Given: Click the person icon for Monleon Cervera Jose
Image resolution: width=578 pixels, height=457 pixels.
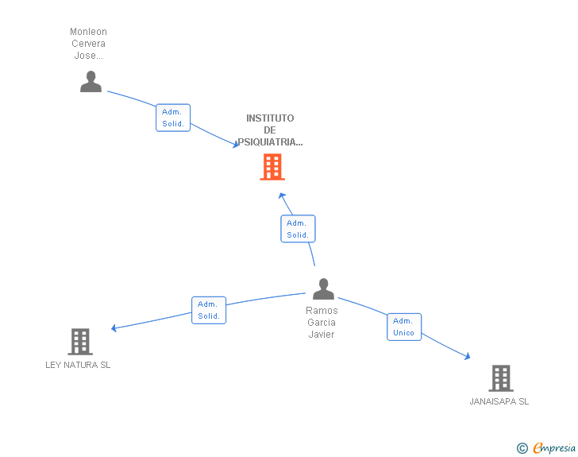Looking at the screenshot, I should point(91,82).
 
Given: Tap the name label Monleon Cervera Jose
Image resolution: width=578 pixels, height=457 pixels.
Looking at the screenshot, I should point(88,44).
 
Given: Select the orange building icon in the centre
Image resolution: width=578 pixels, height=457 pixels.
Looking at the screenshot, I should point(272,167).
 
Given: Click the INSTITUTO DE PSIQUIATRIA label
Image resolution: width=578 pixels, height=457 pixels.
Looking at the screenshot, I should point(270,130).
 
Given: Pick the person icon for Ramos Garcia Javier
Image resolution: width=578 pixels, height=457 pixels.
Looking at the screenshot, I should point(323,289).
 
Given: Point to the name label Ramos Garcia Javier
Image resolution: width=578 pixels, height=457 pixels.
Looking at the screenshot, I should point(322,322).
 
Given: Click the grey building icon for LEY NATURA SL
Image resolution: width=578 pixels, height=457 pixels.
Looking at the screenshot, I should point(80,342).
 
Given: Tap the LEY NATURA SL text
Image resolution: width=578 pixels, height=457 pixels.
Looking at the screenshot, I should point(78,365).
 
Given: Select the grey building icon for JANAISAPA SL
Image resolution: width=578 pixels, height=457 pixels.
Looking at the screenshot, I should point(500,378).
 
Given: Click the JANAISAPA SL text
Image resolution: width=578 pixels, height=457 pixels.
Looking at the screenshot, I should point(499,401).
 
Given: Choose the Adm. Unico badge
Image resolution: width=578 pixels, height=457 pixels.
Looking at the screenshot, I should point(403,327).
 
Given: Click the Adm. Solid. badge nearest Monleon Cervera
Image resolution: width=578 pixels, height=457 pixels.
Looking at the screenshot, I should point(173,118).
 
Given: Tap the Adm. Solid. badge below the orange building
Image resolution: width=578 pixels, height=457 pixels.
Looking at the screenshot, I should point(298,229).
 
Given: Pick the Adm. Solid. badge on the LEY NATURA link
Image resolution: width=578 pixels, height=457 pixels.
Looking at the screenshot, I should point(209,310).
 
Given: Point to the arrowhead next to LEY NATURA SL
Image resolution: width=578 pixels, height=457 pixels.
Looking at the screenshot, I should point(115,327).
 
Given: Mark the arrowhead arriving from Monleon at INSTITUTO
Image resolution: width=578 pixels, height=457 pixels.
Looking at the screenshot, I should point(235,145).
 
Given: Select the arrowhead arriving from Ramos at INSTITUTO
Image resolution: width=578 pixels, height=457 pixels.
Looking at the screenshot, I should point(281,196).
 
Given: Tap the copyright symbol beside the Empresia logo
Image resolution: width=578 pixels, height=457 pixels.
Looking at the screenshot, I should point(522,448).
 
